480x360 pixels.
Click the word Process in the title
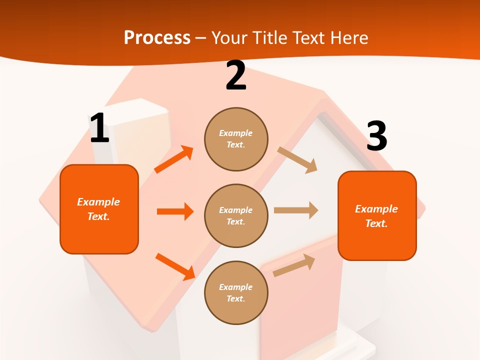coord(157,38)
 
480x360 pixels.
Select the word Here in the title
coord(348,38)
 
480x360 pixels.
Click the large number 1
coord(99,128)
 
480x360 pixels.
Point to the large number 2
coord(236,76)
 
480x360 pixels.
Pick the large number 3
coord(376,136)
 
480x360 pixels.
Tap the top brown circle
coord(236,139)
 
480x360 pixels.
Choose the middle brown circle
coord(236,215)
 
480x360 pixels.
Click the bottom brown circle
coord(236,292)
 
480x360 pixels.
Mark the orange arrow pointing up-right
coord(174,159)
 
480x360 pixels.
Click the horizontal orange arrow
coord(175,211)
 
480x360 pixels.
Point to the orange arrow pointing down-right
coord(175,266)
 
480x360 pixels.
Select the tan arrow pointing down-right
coord(297,160)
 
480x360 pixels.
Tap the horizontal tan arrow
coord(296,210)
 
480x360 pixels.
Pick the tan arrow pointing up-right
coord(294,265)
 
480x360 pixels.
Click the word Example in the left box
coord(98,202)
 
